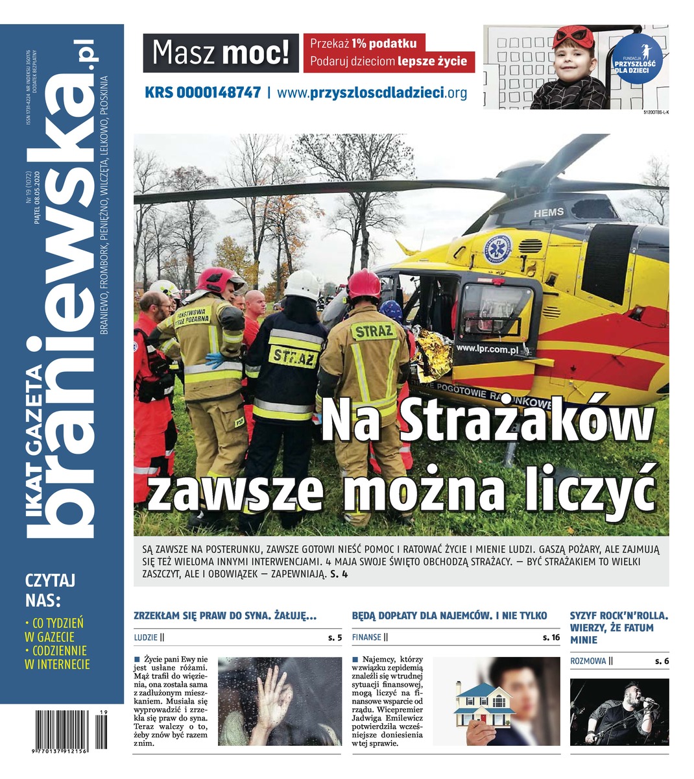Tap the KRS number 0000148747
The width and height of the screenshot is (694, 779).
pyautogui.click(x=202, y=93)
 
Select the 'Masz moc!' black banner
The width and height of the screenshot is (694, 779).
pyautogui.click(x=221, y=53)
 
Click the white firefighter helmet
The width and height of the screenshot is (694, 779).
pyautogui.click(x=303, y=284)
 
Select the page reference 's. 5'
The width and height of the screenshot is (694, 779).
pyautogui.click(x=335, y=638)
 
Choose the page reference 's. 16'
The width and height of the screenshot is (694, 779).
pyautogui.click(x=551, y=638)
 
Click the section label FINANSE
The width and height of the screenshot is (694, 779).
pyautogui.click(x=366, y=638)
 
